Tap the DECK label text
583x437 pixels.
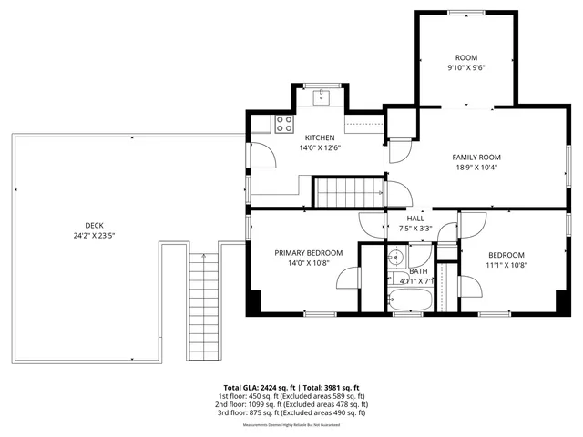(95, 225)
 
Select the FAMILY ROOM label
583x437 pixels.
(476, 158)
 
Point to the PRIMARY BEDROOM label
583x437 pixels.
(309, 252)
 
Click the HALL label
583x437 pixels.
(415, 218)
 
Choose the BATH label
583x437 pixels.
(418, 271)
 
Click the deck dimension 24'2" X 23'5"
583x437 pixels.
(95, 235)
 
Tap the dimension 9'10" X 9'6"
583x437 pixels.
(465, 67)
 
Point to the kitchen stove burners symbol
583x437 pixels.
(284, 120)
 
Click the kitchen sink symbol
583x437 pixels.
(322, 96)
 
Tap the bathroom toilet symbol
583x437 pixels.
(396, 256)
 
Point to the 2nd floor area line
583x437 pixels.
(291, 404)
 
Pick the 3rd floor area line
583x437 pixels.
(291, 412)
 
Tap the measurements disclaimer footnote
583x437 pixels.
(291, 424)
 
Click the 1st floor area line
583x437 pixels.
(291, 396)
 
